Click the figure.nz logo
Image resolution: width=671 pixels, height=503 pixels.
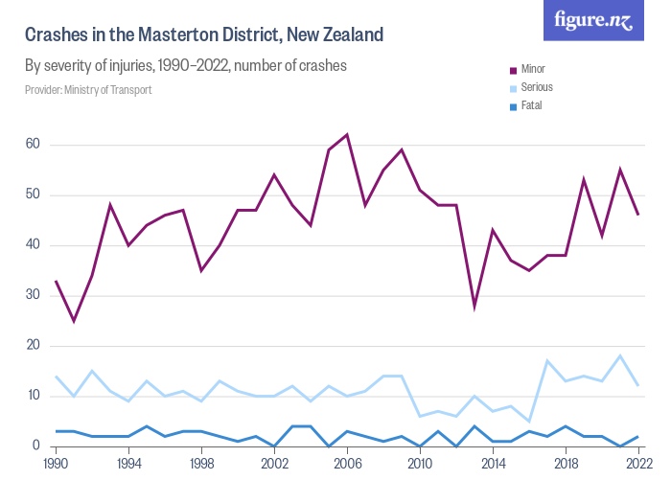593,20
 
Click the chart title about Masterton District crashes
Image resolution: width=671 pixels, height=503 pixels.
204,35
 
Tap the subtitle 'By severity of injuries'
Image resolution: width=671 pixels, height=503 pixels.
185,66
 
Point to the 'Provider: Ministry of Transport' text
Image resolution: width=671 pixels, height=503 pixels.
88,90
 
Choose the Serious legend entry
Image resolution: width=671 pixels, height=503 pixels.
537,87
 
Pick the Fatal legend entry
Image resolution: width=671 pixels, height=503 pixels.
531,105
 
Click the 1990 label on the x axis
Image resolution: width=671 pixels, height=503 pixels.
56,463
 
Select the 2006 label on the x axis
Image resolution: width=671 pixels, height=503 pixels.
347,463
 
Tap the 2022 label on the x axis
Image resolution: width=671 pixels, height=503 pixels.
638,463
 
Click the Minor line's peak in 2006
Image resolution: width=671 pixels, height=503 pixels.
347,134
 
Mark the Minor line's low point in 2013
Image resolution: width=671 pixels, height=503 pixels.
474,306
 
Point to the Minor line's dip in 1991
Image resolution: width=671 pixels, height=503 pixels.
74,320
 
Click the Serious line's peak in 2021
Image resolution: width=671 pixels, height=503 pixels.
620,355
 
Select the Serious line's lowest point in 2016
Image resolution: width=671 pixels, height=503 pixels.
529,421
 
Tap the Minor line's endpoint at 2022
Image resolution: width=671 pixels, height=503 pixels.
638,215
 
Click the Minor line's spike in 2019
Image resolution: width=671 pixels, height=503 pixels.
584,179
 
